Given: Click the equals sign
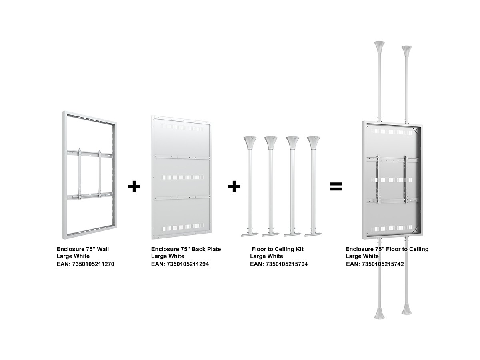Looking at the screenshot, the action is click(x=336, y=186).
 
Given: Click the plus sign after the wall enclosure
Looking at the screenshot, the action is click(x=134, y=186).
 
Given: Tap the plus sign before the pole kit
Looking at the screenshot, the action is click(x=234, y=186).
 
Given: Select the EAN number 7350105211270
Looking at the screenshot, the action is click(x=93, y=264).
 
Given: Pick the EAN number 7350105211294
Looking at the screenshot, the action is click(x=188, y=264).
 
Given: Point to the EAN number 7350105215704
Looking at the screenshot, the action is click(x=287, y=264).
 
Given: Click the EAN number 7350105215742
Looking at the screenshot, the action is click(x=383, y=264).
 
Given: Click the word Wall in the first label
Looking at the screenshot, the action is click(x=103, y=249).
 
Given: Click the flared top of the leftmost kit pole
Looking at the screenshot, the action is click(x=250, y=142).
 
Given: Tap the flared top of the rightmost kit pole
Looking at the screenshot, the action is click(x=313, y=142).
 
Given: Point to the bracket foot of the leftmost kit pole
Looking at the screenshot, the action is click(x=250, y=234).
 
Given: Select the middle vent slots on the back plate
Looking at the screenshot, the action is click(x=182, y=177).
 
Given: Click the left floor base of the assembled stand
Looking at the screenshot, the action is click(x=379, y=313).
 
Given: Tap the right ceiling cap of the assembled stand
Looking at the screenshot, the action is click(x=406, y=51).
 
